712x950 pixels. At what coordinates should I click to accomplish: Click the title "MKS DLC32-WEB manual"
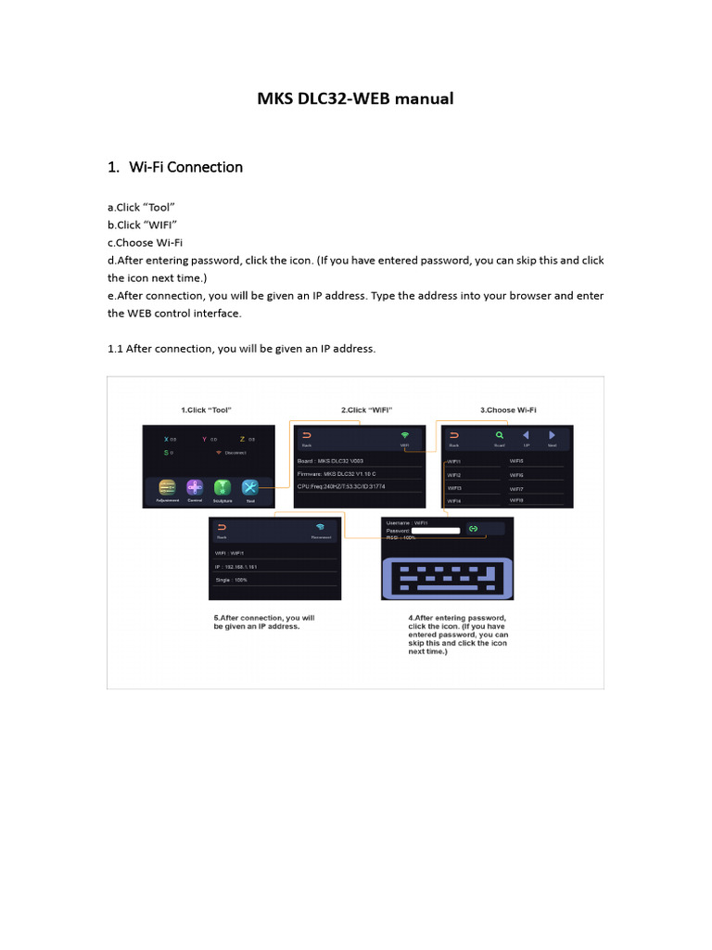pos(355,97)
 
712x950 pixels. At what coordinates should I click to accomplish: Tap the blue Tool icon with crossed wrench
pos(250,487)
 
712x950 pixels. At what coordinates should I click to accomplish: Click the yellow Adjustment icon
pos(168,487)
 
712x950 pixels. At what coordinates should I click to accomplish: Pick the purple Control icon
pos(195,487)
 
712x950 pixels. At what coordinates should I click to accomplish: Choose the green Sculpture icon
pos(222,487)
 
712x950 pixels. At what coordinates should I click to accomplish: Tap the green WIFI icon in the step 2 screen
pos(404,435)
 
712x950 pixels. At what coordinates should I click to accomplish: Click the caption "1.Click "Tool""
pos(206,409)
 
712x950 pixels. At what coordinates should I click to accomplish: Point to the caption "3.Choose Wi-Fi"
pos(508,409)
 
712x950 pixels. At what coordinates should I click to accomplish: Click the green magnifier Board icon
pos(499,434)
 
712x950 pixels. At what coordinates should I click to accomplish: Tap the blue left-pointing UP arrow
pos(526,434)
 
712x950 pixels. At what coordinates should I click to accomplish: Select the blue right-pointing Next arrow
pos(553,434)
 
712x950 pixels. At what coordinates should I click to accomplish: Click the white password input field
pos(435,530)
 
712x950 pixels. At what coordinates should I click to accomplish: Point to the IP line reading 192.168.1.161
pos(238,565)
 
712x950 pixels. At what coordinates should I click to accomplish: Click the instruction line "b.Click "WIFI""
pos(143,225)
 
